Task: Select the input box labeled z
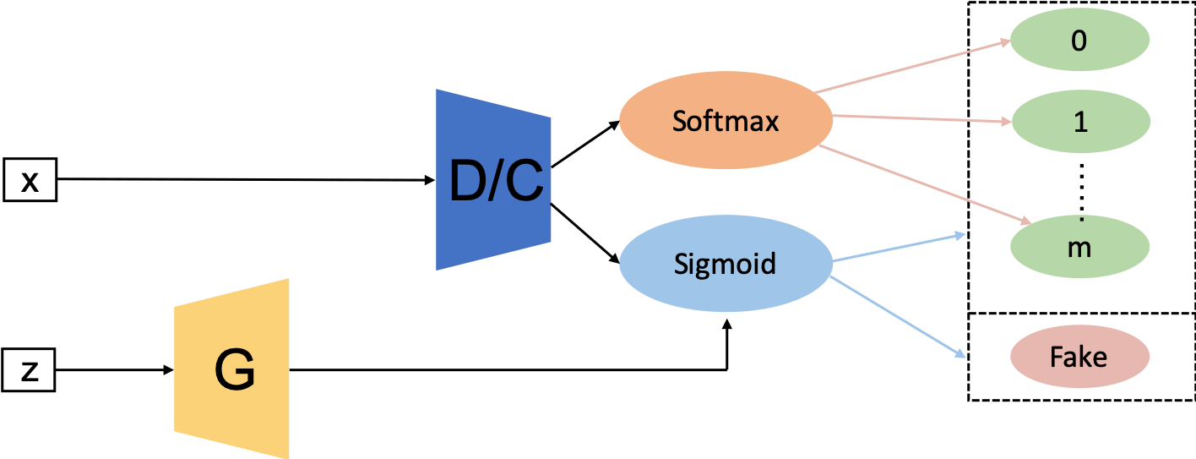[x=30, y=371]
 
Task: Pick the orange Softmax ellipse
[x=725, y=122]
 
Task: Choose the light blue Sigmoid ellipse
[x=725, y=264]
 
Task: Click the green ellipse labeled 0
[x=1079, y=41]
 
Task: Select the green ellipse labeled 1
[x=1079, y=122]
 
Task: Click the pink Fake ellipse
[x=1079, y=357]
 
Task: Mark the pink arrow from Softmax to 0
[x=912, y=65]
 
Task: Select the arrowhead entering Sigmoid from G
[x=726, y=322]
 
